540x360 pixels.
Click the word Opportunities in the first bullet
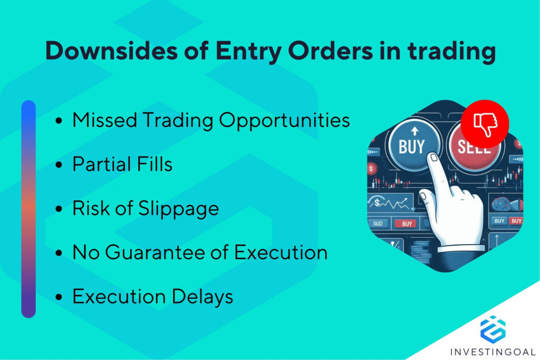tap(284, 121)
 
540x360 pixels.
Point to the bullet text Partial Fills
tap(122, 164)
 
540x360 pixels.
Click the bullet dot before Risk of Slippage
tap(59, 209)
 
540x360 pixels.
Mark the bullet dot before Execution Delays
tap(59, 297)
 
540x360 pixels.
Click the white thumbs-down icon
tap(485, 124)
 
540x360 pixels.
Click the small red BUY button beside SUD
tap(407, 224)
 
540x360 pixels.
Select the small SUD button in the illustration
tap(379, 224)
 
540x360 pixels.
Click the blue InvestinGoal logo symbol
tap(493, 328)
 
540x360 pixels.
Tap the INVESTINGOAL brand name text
tap(493, 351)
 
